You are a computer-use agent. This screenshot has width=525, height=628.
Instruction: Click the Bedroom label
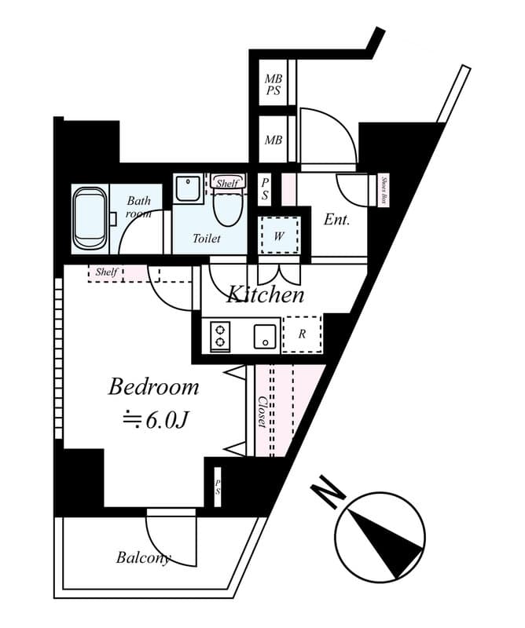click(153, 387)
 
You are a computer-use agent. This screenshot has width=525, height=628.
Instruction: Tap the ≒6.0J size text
click(156, 421)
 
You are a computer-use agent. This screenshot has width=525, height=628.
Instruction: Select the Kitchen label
click(266, 295)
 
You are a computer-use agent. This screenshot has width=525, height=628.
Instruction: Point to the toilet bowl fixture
click(226, 207)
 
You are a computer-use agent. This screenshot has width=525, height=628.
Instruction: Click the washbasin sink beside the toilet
click(188, 189)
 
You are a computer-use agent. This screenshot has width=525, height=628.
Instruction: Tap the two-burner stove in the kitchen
click(220, 336)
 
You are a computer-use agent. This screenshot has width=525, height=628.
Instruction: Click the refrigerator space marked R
click(302, 334)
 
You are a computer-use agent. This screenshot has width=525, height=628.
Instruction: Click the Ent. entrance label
click(336, 220)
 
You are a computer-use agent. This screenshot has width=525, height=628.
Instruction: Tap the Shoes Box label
click(384, 190)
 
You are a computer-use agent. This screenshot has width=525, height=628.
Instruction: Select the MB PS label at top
click(273, 85)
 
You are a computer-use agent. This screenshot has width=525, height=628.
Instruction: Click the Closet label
click(262, 411)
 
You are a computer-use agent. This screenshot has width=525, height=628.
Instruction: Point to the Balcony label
click(143, 558)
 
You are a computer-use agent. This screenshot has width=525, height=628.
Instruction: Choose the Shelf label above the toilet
click(227, 183)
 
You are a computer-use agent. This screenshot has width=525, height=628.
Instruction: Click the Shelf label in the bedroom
click(107, 272)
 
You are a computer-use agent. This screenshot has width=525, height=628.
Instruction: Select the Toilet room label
click(207, 239)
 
